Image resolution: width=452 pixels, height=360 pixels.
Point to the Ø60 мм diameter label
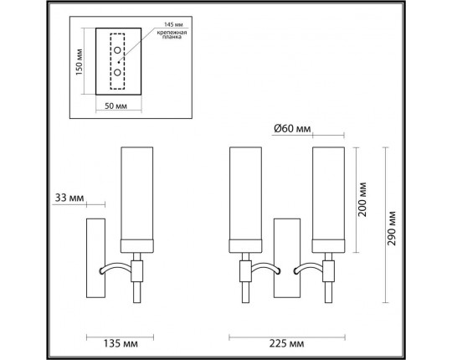click(292, 129)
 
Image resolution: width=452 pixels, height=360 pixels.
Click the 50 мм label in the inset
click(116, 107)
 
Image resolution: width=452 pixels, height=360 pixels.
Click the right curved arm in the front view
click(306, 268)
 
